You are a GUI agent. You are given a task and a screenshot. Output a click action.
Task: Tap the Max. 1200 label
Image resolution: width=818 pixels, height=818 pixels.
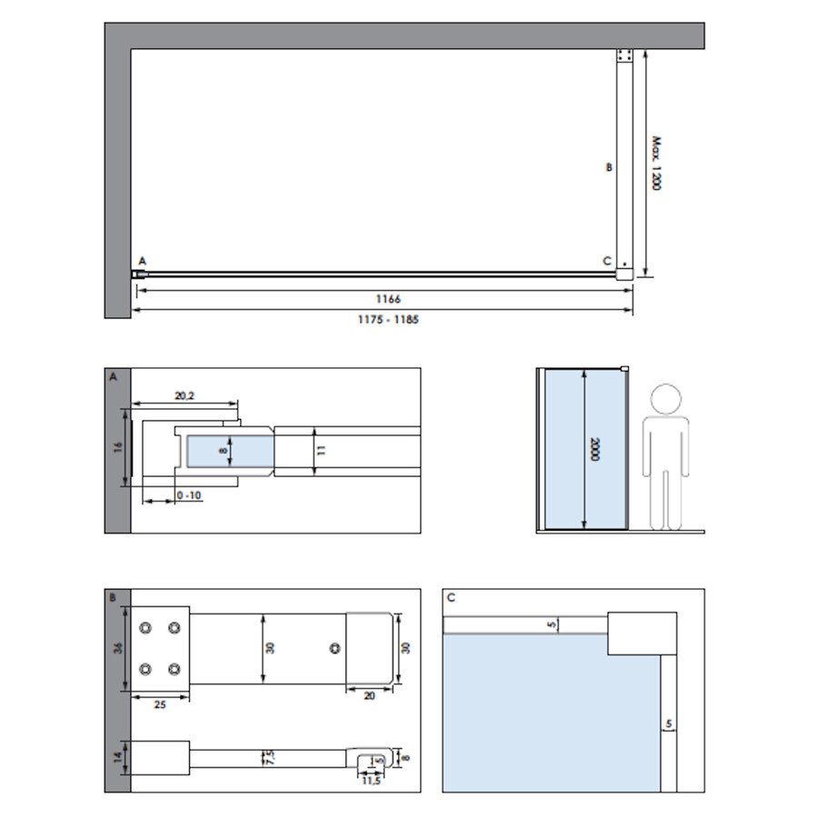654,164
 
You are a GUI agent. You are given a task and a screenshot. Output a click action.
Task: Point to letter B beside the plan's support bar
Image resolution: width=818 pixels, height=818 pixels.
610,167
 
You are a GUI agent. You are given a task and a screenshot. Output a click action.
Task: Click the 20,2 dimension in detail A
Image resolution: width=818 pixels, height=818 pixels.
185,394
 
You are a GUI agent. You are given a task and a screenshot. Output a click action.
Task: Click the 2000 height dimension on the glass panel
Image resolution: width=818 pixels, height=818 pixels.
594,449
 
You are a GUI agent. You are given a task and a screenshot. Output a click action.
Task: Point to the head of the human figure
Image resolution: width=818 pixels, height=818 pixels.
666,399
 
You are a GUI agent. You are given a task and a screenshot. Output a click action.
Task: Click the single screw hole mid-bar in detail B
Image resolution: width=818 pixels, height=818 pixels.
334,648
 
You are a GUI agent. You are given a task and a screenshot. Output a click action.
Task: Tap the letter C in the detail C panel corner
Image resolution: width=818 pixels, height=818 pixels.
451,598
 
